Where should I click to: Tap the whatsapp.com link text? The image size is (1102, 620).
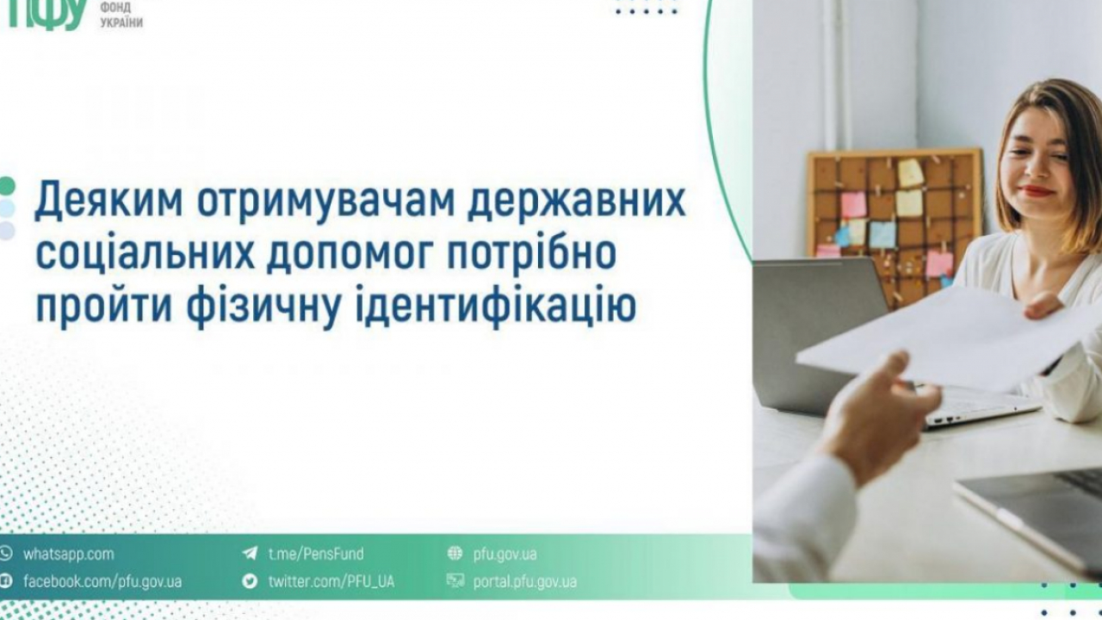pyautogui.click(x=68, y=554)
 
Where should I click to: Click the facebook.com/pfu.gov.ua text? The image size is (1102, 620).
pyautogui.click(x=102, y=581)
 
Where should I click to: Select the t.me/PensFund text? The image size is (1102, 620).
pyautogui.click(x=316, y=554)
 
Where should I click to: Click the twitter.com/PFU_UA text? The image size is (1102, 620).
pyautogui.click(x=331, y=581)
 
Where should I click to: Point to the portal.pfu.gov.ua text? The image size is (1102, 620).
pyautogui.click(x=524, y=582)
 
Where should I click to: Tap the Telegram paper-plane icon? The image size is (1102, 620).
pyautogui.click(x=250, y=554)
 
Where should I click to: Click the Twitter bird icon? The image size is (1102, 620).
pyautogui.click(x=250, y=581)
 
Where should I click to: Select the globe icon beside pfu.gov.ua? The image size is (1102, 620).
pyautogui.click(x=455, y=554)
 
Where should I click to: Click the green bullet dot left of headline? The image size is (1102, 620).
pyautogui.click(x=7, y=185)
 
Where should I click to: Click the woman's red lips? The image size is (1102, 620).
pyautogui.click(x=1037, y=191)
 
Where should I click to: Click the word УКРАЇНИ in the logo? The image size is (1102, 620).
pyautogui.click(x=121, y=22)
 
